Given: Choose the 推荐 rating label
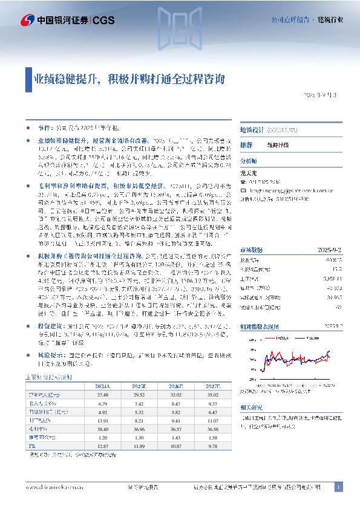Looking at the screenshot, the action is [246, 146].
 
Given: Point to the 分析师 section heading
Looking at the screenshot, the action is [249, 161].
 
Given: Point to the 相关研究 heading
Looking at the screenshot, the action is [251, 409].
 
